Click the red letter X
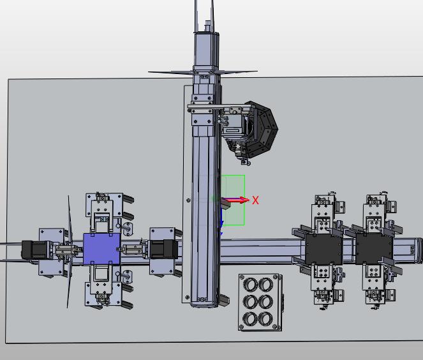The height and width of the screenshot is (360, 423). pyautogui.click(x=255, y=200)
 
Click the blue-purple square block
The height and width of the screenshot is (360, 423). pyautogui.click(x=101, y=249)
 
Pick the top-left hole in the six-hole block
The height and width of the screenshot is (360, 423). pyautogui.click(x=251, y=285)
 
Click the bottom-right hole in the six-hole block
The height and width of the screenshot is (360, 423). pyautogui.click(x=265, y=319)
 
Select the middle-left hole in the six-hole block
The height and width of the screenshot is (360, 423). pyautogui.click(x=251, y=302)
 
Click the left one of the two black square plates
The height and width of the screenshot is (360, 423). pyautogui.click(x=323, y=250)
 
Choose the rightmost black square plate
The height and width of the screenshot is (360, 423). pyautogui.click(x=374, y=249)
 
